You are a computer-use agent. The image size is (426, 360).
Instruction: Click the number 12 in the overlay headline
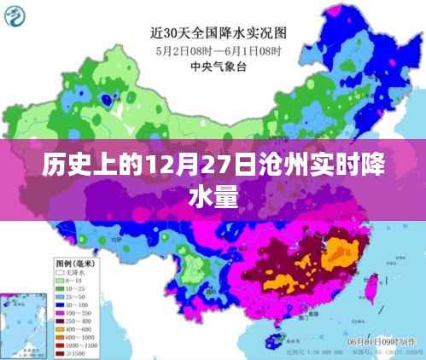[138, 163]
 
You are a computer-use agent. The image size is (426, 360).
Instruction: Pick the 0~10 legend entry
[73, 281]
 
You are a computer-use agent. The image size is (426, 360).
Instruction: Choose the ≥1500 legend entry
[73, 352]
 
